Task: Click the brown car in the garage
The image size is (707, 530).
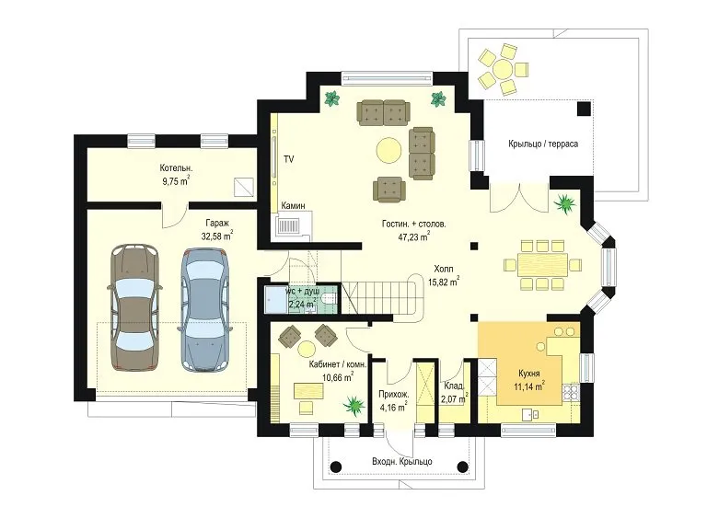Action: coord(134,307)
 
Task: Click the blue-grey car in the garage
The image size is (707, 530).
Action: coord(206,309)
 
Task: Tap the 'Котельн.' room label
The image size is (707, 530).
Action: coord(176,168)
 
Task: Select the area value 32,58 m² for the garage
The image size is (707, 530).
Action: coord(217,236)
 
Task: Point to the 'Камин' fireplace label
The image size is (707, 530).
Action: coord(293,205)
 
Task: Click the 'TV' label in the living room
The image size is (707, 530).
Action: coord(288,158)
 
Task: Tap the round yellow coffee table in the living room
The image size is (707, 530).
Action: coord(388,150)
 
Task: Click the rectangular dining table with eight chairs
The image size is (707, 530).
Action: coord(542,264)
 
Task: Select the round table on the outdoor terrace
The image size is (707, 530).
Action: coord(503,70)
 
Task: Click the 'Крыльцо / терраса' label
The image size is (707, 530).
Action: coord(543,144)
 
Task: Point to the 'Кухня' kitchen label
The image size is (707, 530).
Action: coord(529,374)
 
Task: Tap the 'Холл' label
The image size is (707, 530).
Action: coord(443,269)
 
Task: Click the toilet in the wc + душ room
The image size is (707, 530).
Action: coord(330,298)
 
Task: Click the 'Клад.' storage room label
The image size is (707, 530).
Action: coord(453,386)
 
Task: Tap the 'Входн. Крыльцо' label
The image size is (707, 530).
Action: coord(402,462)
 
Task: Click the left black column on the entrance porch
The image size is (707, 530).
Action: coord(335,467)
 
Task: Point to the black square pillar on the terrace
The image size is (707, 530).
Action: coord(585,109)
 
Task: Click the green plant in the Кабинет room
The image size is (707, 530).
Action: coord(353,405)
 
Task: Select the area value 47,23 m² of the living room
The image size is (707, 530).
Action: coord(413,236)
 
